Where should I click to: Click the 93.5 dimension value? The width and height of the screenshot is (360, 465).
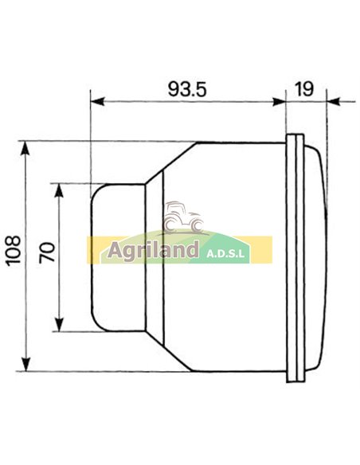tap(187, 88)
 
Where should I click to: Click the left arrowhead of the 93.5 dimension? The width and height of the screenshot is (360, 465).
tap(96, 101)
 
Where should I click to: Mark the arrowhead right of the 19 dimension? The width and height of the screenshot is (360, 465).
tap(331, 101)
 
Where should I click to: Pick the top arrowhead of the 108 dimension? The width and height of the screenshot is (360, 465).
tap(27, 148)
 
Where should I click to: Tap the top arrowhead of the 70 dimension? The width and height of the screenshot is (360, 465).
tap(59, 188)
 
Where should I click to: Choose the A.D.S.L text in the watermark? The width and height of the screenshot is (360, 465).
tap(228, 255)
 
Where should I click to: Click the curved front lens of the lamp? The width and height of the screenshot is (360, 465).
tap(315, 255)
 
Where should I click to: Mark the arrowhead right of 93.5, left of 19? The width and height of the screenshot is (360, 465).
tap(280, 101)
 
